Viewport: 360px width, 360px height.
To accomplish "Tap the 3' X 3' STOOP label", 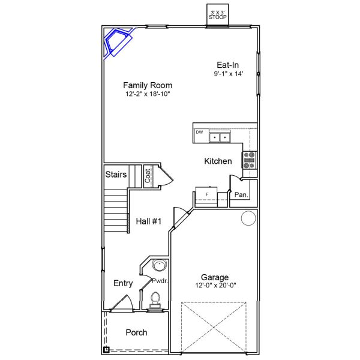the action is click(218, 15).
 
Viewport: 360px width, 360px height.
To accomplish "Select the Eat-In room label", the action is click(228, 65).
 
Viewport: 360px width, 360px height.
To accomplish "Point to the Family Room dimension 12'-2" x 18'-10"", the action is click(148, 94).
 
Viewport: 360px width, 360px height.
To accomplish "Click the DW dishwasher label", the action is click(199, 132).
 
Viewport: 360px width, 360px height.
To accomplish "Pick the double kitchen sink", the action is click(220, 137).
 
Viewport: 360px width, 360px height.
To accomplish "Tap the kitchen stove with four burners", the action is click(250, 160).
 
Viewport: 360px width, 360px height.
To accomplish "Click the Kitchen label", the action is click(218, 161).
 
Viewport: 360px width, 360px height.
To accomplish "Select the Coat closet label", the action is click(148, 176).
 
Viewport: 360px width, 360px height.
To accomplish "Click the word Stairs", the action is click(116, 175).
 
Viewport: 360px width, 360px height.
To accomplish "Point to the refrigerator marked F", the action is click(206, 197).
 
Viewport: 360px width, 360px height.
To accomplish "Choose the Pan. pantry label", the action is click(241, 195).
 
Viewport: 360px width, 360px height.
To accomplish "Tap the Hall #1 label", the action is click(149, 221).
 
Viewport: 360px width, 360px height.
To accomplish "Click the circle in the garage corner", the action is click(248, 218).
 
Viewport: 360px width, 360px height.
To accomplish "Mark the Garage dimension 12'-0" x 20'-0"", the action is click(215, 286).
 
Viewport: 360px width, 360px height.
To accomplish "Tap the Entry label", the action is click(123, 283).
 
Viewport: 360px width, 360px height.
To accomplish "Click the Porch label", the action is click(136, 332).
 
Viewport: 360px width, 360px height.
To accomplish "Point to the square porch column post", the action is click(106, 350).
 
